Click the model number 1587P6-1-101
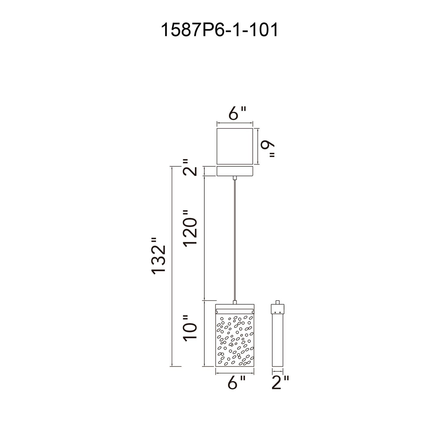[x=219, y=30]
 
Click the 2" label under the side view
[x=280, y=383]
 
